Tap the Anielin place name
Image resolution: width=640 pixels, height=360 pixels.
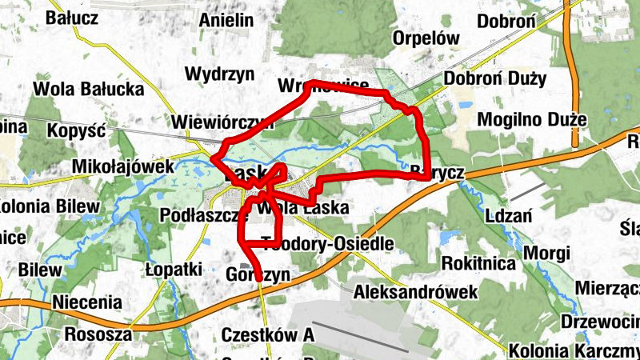click(226, 20)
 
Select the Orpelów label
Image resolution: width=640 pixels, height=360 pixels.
click(426, 38)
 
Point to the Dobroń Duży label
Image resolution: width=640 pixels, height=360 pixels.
click(495, 78)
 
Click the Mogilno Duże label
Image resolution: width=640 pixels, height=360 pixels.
click(532, 120)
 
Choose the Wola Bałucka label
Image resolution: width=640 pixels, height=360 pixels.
click(88, 89)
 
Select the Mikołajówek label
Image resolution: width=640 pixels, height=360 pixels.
click(122, 166)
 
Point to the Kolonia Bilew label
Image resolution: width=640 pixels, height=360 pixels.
click(50, 206)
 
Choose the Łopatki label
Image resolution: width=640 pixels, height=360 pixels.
click(174, 270)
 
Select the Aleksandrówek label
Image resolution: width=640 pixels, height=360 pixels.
click(416, 291)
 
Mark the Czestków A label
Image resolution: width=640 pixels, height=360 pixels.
click(268, 334)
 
